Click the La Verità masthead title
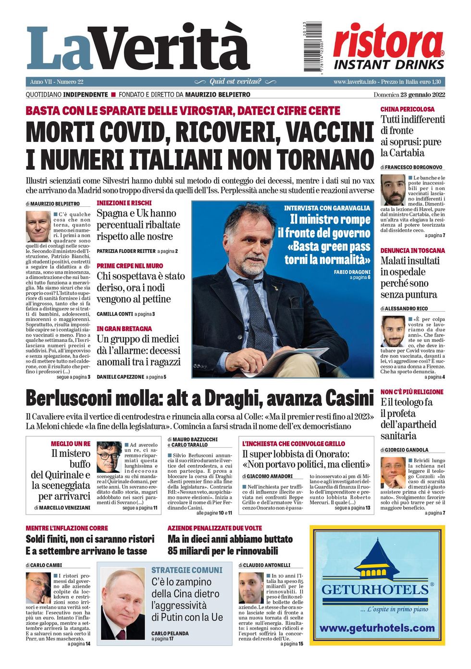(x=137, y=48)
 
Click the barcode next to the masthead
(x=312, y=47)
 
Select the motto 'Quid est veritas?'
(x=235, y=82)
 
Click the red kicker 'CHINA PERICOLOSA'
(x=407, y=109)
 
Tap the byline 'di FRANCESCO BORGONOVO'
(x=411, y=167)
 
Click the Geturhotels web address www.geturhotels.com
(x=377, y=628)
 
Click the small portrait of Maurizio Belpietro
(x=38, y=226)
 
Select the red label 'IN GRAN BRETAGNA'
(x=124, y=328)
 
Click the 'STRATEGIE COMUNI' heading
(x=187, y=570)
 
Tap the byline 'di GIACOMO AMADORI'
(x=267, y=476)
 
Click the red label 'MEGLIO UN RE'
(x=71, y=443)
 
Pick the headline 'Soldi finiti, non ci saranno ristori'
(x=90, y=539)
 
